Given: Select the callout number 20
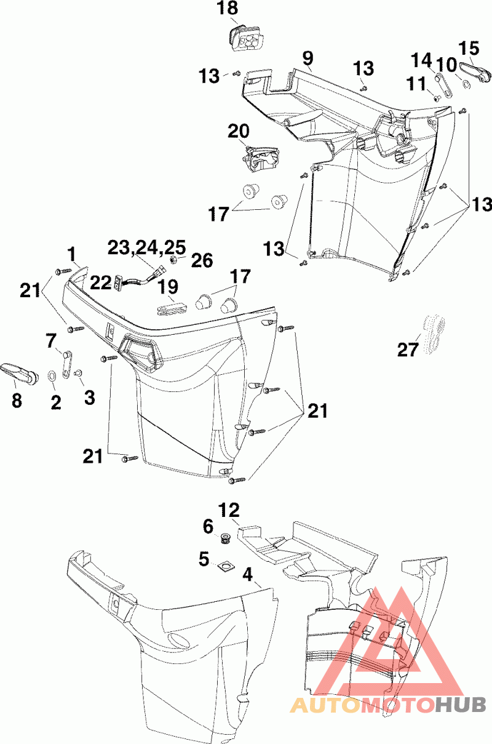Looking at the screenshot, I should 239,131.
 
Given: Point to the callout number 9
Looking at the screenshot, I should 307,58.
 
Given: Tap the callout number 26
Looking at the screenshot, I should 202,260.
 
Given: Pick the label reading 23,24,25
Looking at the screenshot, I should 146,247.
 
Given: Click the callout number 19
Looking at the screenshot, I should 167,287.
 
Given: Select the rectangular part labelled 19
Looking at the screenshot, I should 172,305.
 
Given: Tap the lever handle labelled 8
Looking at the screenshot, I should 17,371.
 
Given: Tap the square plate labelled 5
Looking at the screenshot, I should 226,564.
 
